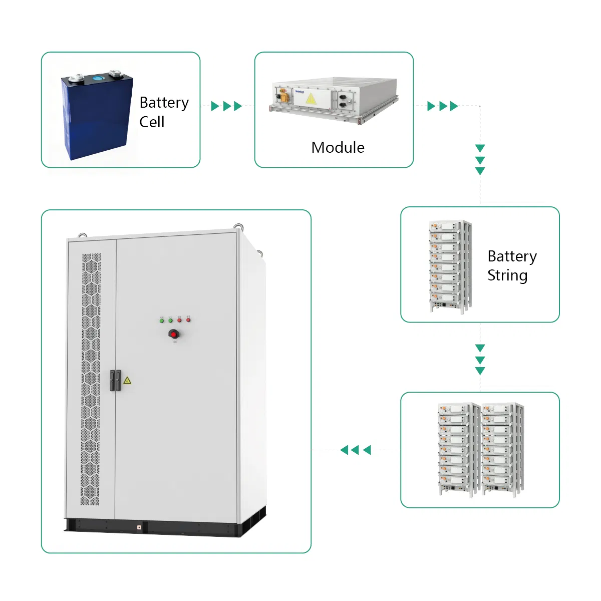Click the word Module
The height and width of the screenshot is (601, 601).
point(338,148)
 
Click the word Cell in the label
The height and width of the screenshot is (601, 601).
point(152,122)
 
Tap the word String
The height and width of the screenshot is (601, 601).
point(507,275)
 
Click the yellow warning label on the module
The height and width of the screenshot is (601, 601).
point(311,99)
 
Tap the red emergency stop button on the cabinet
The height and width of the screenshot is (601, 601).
point(174,334)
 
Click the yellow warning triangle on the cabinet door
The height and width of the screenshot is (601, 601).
point(127,381)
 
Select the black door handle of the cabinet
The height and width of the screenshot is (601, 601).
point(115,381)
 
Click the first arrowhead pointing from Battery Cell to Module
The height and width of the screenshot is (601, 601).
point(215,106)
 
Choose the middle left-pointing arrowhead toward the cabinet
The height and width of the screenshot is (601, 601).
point(355,450)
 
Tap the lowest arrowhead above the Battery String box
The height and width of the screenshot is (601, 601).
point(480,171)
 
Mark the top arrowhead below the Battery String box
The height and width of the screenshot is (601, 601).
point(480,349)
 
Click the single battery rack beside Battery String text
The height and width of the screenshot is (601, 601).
point(449,265)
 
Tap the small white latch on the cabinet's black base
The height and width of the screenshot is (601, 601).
point(139,526)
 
